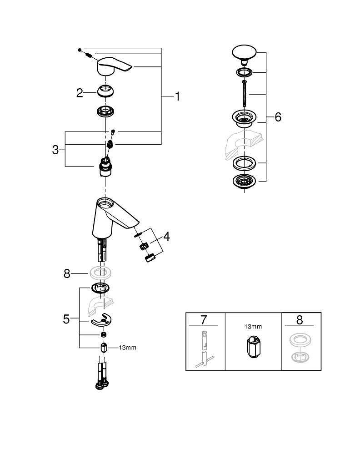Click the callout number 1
177,96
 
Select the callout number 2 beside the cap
80,93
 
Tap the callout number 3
55,150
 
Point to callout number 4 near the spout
166,237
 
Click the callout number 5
66,319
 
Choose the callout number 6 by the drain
278,117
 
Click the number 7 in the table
205,320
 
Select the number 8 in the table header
299,320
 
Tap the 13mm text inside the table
253,327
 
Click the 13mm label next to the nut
128,348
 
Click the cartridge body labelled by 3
105,168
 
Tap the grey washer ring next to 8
100,273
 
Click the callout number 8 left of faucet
67,273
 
